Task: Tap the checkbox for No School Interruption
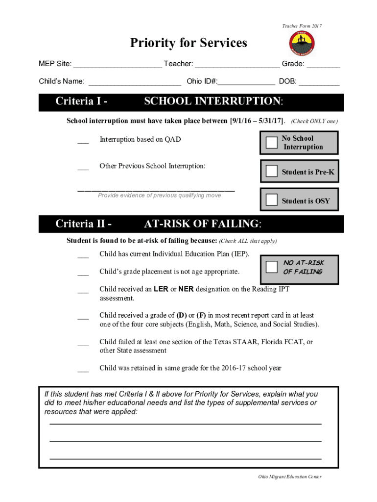click(271, 143)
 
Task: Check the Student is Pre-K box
click(271, 171)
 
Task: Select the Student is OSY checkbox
click(271, 200)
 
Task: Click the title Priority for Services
click(188, 43)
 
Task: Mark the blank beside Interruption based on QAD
click(83, 142)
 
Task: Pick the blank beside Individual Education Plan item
click(83, 256)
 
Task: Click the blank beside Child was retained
click(83, 370)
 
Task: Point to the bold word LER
click(161, 289)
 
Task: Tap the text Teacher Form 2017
click(302, 26)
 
